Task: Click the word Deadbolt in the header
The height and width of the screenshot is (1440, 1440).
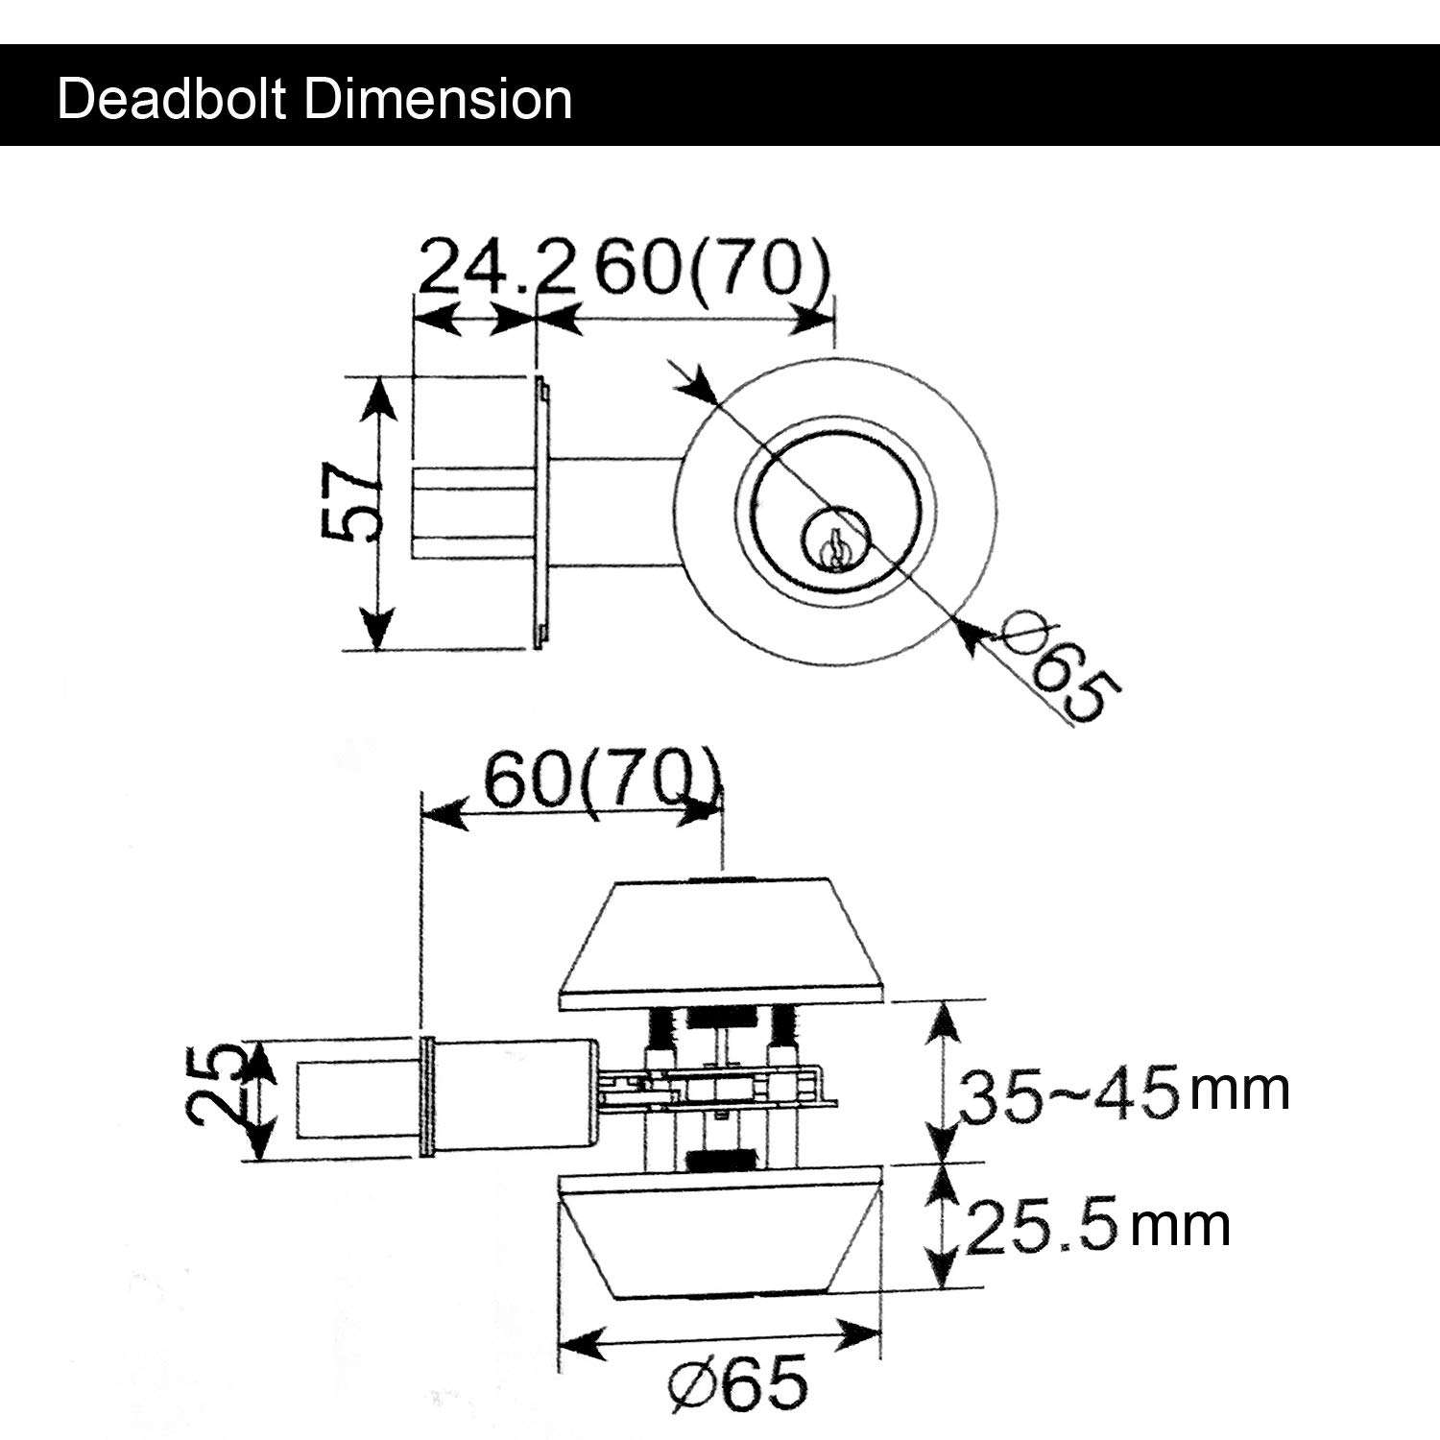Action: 174,99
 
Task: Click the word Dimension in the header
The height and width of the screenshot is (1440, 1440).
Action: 438,99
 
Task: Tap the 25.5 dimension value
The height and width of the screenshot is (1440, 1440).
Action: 1042,1229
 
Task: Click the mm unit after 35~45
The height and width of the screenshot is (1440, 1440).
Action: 1238,1091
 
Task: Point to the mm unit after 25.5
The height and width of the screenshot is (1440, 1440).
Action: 1179,1226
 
